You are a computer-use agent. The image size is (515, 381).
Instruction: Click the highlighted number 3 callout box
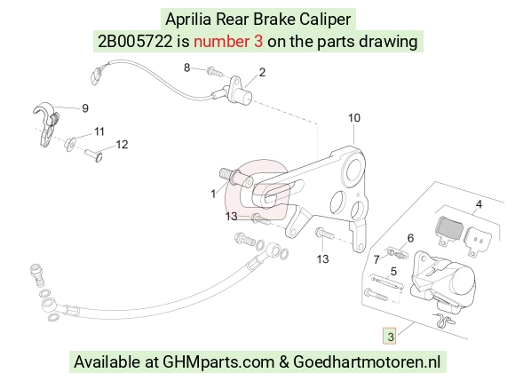tap(389, 336)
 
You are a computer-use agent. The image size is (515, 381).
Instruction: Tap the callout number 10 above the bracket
tap(354, 118)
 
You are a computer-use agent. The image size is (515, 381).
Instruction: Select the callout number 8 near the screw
tap(186, 67)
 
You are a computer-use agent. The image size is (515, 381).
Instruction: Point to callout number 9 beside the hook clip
tap(85, 108)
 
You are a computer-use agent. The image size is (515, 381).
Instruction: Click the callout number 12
tap(122, 145)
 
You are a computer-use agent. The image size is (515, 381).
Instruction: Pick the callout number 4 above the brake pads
tap(479, 204)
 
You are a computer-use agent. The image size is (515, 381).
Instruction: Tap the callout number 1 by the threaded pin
tap(213, 194)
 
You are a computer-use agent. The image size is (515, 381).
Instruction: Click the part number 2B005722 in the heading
tap(135, 42)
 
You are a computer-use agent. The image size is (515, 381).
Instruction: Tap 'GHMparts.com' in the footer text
tap(218, 362)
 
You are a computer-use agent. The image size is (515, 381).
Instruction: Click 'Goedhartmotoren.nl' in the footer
tap(367, 362)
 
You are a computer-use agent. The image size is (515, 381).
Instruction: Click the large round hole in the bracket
tap(353, 170)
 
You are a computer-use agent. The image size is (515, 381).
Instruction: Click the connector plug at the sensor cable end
tap(96, 75)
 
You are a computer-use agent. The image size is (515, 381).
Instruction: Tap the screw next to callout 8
tap(215, 71)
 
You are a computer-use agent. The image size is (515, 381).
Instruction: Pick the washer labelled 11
tap(70, 144)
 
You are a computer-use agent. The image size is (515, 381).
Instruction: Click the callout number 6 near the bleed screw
tap(410, 238)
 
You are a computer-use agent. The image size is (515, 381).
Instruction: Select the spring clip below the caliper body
tap(444, 320)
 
